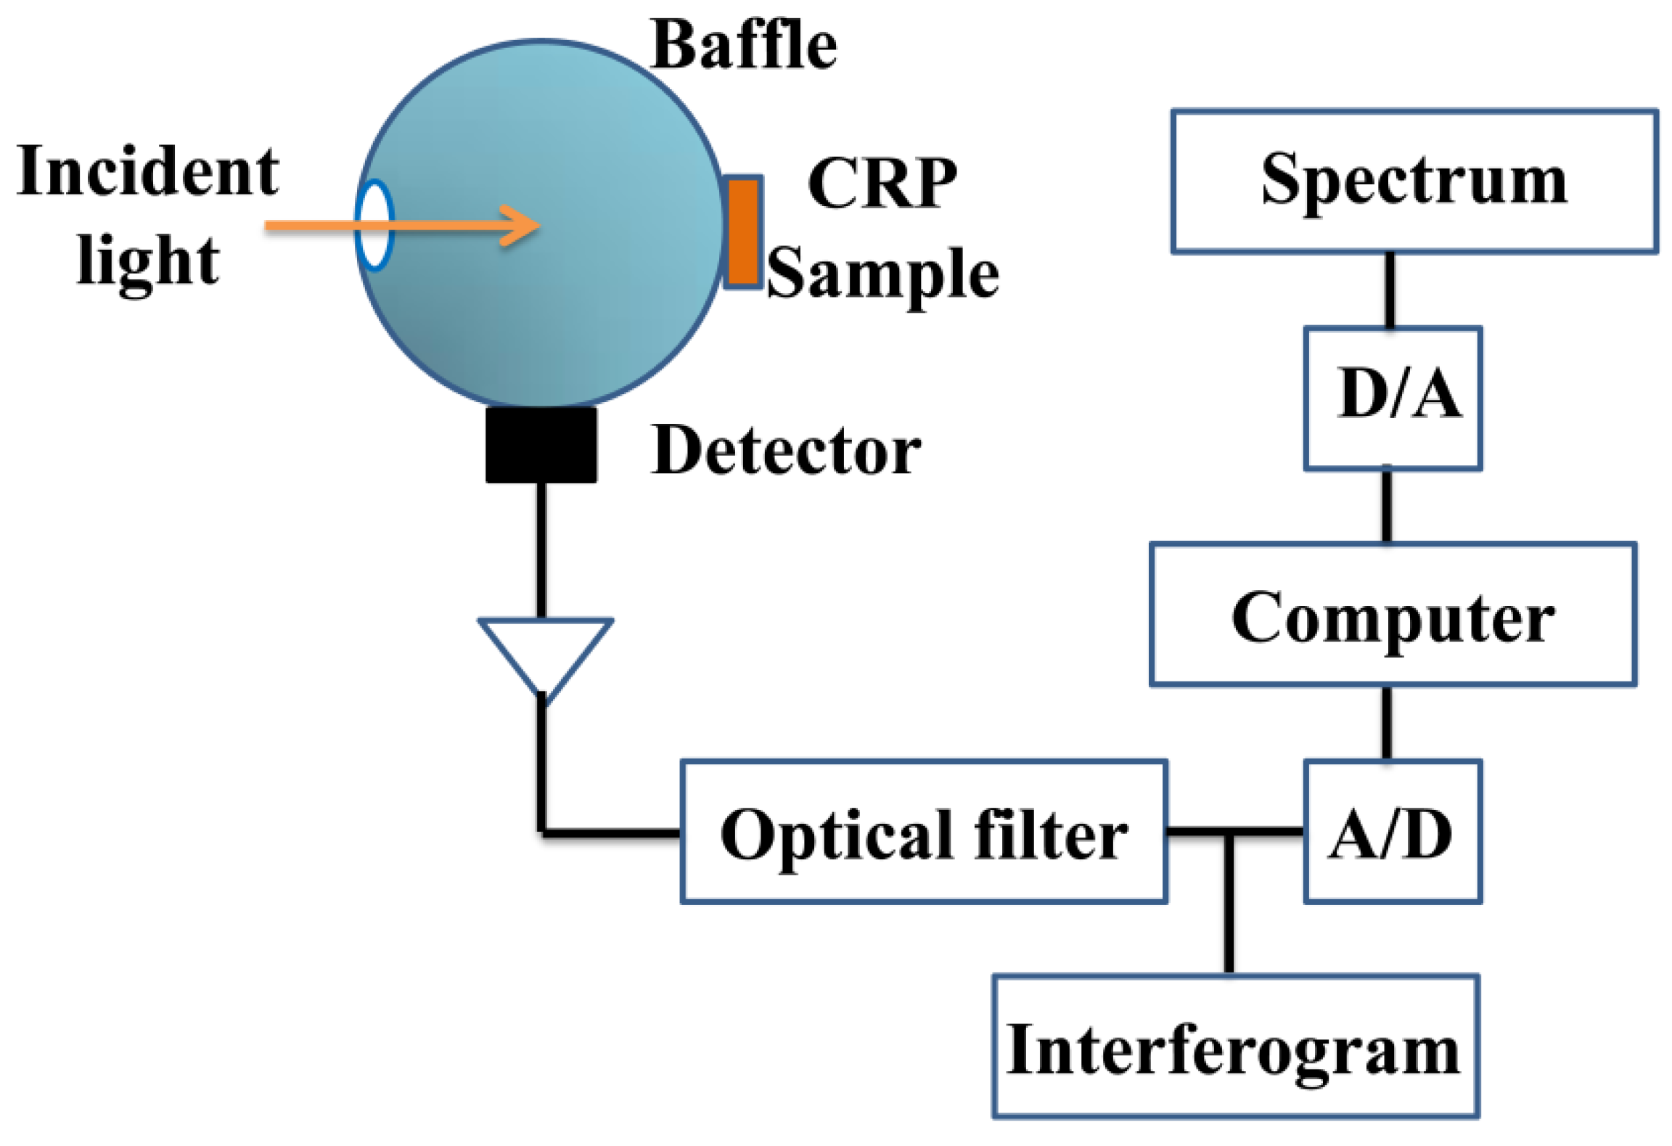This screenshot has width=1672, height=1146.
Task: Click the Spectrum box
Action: [1413, 181]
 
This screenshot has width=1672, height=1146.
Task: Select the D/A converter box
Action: [1391, 398]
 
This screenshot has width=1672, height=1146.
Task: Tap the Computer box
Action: [1391, 614]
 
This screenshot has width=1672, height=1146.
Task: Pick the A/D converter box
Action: [1391, 832]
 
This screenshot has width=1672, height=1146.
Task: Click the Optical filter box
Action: [923, 832]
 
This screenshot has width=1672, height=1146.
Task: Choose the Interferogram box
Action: [1234, 1046]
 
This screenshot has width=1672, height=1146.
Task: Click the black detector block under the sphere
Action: [541, 444]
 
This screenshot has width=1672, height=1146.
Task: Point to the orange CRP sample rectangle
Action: [742, 232]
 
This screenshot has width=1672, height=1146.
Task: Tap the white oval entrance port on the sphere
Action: [374, 225]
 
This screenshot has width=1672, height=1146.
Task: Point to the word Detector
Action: [785, 451]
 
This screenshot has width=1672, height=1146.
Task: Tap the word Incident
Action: [148, 171]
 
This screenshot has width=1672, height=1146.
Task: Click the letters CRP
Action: [881, 183]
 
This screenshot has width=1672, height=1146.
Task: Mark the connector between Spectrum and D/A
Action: [1389, 290]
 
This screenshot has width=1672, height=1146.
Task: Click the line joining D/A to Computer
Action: [1386, 506]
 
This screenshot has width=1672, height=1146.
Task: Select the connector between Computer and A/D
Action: [1386, 722]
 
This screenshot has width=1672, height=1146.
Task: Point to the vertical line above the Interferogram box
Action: [1229, 904]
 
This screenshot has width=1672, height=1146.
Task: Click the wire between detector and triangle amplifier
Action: [541, 550]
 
